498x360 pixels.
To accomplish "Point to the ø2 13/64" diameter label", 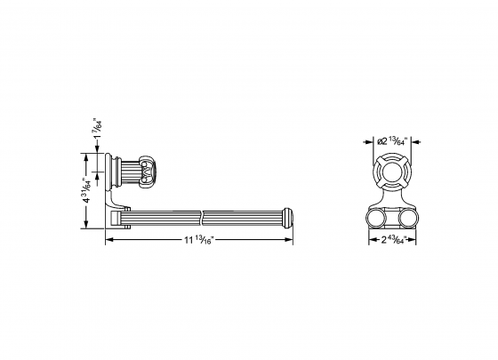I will [x=392, y=141].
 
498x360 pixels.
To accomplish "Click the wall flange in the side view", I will [x=114, y=170].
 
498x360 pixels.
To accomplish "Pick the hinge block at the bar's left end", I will [x=124, y=215].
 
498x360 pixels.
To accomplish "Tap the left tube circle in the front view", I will [x=375, y=218].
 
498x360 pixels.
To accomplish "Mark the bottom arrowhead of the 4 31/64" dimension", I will [x=87, y=224].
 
